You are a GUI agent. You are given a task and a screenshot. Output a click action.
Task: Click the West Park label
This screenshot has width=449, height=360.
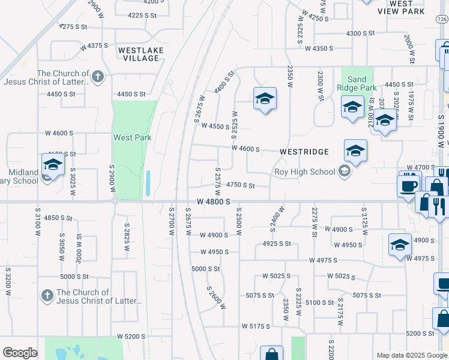133,137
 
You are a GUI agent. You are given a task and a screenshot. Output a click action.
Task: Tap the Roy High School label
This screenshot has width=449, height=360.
304,172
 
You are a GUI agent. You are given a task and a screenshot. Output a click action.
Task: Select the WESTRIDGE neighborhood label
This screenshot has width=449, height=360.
304,152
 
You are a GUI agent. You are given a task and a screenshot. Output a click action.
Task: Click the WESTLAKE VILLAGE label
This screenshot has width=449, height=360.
139,54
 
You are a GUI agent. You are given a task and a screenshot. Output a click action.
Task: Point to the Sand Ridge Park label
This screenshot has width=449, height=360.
357,83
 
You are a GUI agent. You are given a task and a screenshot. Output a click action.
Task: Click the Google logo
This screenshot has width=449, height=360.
20,353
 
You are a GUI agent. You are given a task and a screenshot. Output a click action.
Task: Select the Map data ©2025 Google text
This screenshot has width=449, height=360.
411,355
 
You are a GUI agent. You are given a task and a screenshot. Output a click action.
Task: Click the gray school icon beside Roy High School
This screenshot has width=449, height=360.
345,172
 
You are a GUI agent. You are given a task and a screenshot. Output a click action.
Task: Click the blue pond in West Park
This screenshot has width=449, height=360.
148,184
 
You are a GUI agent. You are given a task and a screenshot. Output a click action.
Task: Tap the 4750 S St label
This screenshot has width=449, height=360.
241,185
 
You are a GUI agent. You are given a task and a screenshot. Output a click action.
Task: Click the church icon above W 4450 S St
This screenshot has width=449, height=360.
98,76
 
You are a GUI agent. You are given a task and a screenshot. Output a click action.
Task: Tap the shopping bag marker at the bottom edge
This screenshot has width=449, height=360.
271,354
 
